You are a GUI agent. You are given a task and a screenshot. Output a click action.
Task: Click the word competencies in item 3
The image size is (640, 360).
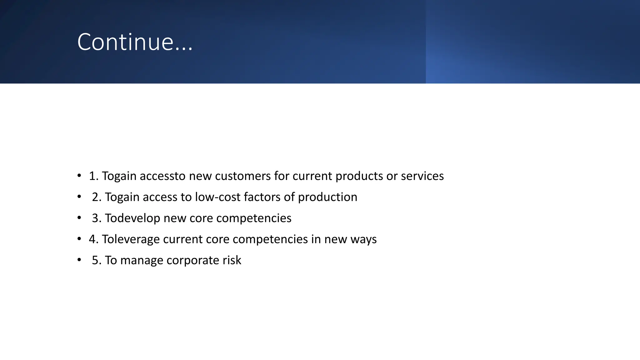(x=253, y=218)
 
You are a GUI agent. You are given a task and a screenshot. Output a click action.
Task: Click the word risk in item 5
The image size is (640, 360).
(x=232, y=260)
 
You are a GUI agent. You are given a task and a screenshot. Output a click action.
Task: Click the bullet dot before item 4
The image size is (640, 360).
(x=79, y=239)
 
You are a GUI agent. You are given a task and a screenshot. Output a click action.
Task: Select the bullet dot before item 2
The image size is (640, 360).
(x=79, y=197)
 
